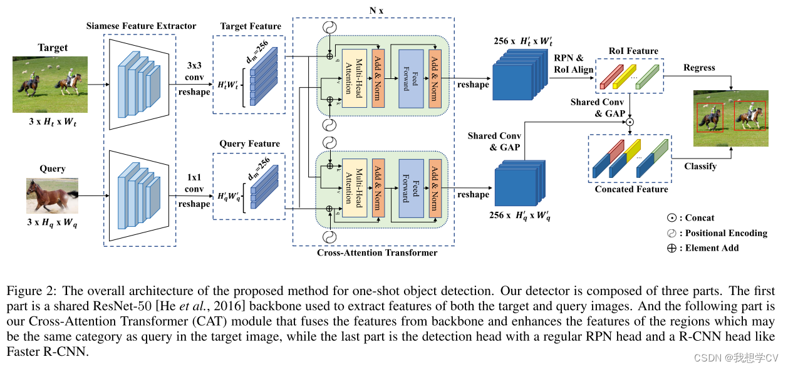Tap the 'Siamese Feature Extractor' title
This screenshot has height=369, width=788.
(141, 26)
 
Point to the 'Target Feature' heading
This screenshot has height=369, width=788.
(251, 26)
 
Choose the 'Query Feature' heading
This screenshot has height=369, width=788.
(249, 143)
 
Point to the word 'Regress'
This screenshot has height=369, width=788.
(700, 68)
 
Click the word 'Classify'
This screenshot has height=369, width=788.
(700, 167)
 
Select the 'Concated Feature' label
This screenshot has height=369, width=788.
(631, 189)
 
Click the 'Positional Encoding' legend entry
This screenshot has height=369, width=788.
(725, 233)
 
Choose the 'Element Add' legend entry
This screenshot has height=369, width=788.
(712, 248)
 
